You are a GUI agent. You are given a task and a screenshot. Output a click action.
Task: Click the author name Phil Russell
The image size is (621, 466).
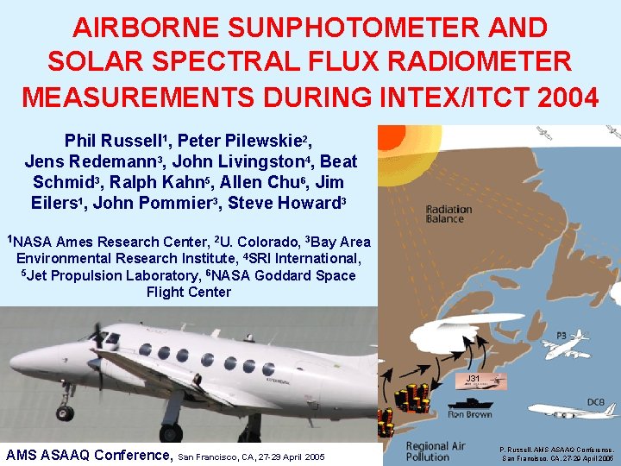pyautogui.click(x=116, y=141)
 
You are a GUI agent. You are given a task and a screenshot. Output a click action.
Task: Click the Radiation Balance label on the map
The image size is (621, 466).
pyautogui.click(x=448, y=213)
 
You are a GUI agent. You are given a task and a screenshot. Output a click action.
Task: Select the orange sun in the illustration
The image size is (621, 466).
pyautogui.click(x=405, y=155)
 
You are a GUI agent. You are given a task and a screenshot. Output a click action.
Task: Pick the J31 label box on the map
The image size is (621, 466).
pyautogui.click(x=473, y=379)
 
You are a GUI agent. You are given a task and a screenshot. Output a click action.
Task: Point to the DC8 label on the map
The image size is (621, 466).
pyautogui.click(x=595, y=402)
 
